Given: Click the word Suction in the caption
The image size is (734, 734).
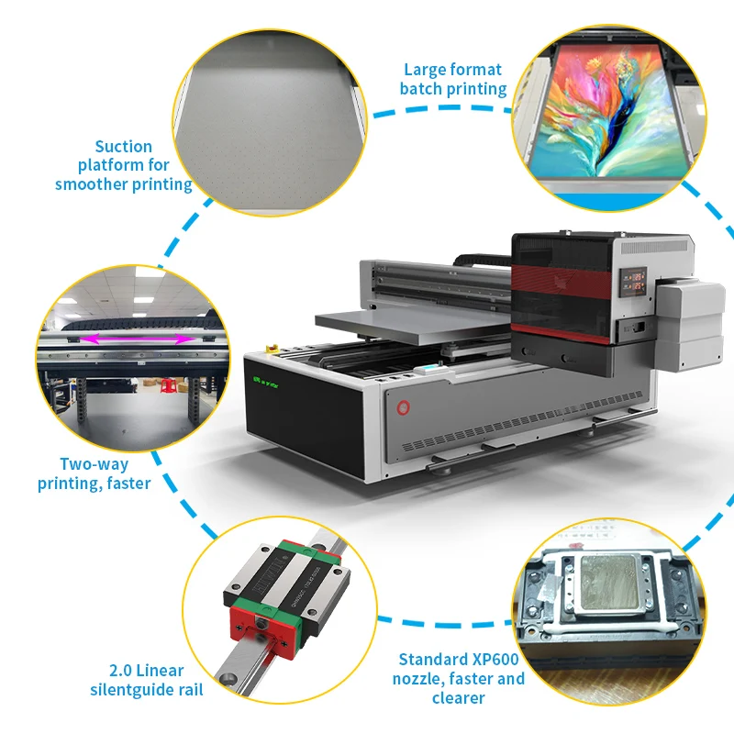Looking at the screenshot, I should pos(123,146).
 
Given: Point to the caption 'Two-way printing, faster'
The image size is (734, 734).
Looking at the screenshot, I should pos(95,473).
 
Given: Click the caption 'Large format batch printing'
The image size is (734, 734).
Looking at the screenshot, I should pos(453,79).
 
